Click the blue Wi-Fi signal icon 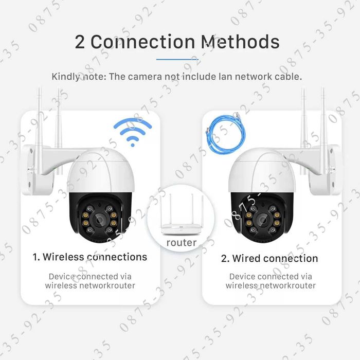click(x=133, y=132)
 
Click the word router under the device click(x=181, y=242)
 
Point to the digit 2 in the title click(x=80, y=42)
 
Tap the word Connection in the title click(x=141, y=42)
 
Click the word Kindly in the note click(x=65, y=77)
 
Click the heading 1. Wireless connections click(x=89, y=257)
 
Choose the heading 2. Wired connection click(x=269, y=258)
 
